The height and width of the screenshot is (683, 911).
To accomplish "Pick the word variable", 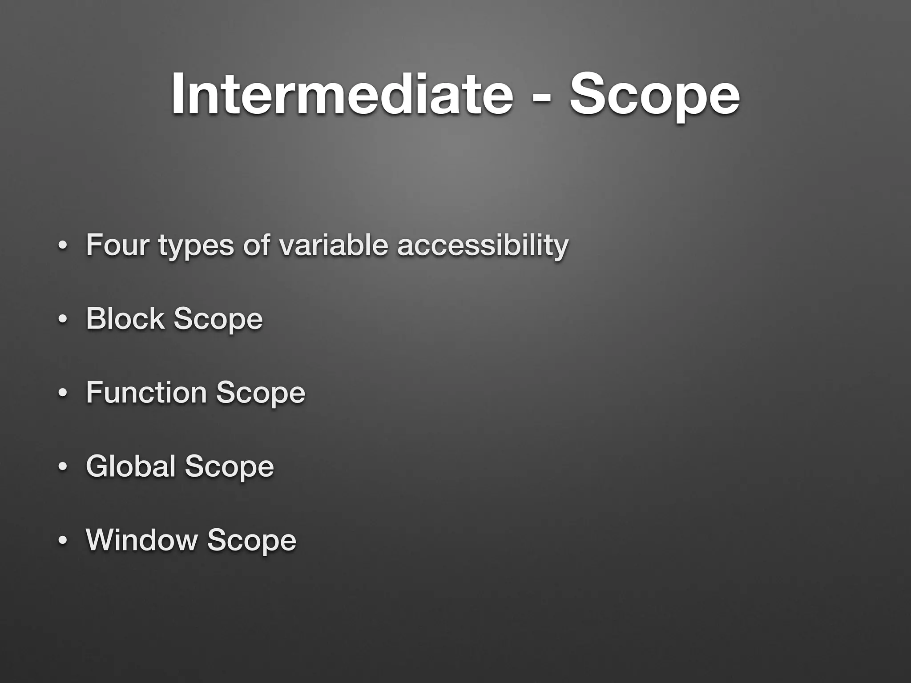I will pos(334,245).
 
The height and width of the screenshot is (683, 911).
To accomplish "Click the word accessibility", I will pos(483,245).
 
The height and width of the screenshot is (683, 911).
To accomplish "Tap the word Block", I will pos(125,318).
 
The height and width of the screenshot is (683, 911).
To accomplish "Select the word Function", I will pos(146,392).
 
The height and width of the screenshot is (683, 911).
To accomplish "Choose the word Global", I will pos(130,466).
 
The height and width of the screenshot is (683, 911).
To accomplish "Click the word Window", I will pos(141,540).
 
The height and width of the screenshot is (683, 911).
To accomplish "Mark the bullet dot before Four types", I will pos(63,246).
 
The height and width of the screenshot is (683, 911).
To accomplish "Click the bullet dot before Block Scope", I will pos(63,320).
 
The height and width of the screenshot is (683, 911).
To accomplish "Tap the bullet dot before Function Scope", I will pos(63,394).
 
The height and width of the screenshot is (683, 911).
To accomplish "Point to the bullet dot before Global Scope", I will pos(63,467).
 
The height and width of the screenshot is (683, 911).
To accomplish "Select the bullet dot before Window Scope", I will pos(63,541).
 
